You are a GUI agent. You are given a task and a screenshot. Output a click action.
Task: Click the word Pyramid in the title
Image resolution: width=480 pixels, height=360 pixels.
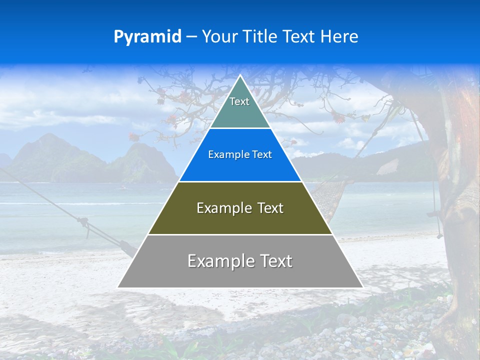tap(147, 37)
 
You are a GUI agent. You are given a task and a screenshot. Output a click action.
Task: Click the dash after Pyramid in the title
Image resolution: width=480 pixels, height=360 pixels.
tap(191, 37)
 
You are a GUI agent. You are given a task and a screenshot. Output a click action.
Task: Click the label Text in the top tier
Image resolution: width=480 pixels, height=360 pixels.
tap(239, 101)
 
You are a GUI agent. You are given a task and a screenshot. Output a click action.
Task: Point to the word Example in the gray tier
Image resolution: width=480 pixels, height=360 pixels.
tap(218, 261)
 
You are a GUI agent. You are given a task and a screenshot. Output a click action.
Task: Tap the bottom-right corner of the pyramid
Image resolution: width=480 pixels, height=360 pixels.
tap(362, 287)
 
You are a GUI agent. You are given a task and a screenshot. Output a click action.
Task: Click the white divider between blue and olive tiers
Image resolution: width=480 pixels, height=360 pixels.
tap(240, 181)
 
